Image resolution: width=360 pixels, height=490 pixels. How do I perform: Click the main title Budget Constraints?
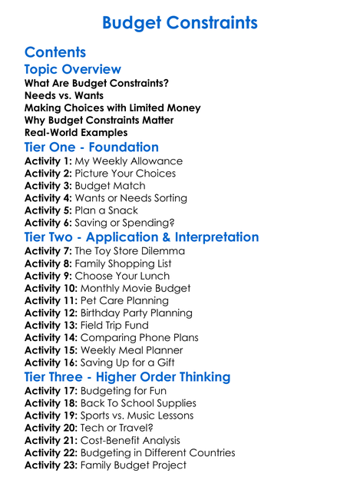tap(180, 23)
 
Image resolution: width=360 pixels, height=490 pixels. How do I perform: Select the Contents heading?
tap(55, 52)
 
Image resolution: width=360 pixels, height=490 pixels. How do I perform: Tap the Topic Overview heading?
tap(73, 70)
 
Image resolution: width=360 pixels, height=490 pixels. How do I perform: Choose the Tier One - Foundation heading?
tap(91, 147)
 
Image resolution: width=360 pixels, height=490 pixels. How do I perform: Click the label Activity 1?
tap(48, 161)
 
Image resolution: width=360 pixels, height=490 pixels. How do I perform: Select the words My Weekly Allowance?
tap(128, 161)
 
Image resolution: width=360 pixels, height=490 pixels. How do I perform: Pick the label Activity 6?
tap(48, 223)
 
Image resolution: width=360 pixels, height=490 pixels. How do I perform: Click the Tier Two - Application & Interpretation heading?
tap(141, 237)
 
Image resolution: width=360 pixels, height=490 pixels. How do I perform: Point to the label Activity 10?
tap(51, 288)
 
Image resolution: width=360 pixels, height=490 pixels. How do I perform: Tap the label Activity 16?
tap(51, 363)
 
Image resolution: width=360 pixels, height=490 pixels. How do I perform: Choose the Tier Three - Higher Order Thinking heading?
tap(127, 376)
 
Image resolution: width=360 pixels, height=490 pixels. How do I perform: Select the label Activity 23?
tap(51, 465)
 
